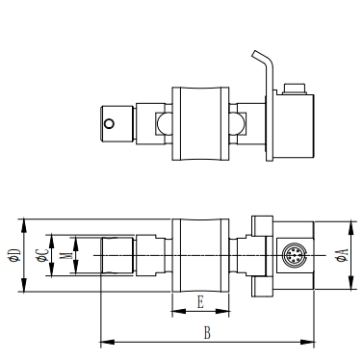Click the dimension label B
tap(207, 333)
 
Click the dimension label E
tap(200, 302)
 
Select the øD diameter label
tap(15, 255)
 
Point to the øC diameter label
tap(42, 255)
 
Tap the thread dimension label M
tap(65, 255)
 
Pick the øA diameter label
tap(342, 255)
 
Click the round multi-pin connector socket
tap(294, 255)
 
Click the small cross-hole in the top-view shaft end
tap(110, 123)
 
